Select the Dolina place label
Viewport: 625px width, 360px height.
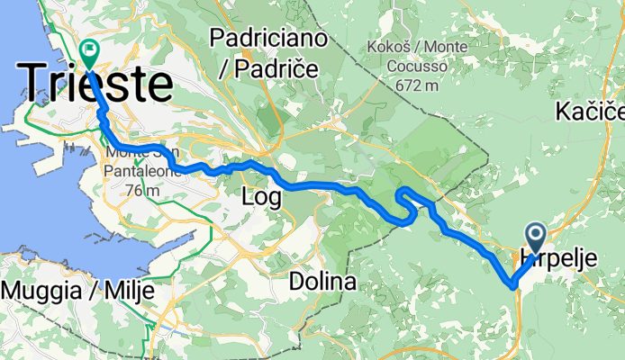[322, 282]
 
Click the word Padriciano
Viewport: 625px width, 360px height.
[256, 37]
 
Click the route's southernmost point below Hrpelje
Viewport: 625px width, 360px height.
[512, 285]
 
